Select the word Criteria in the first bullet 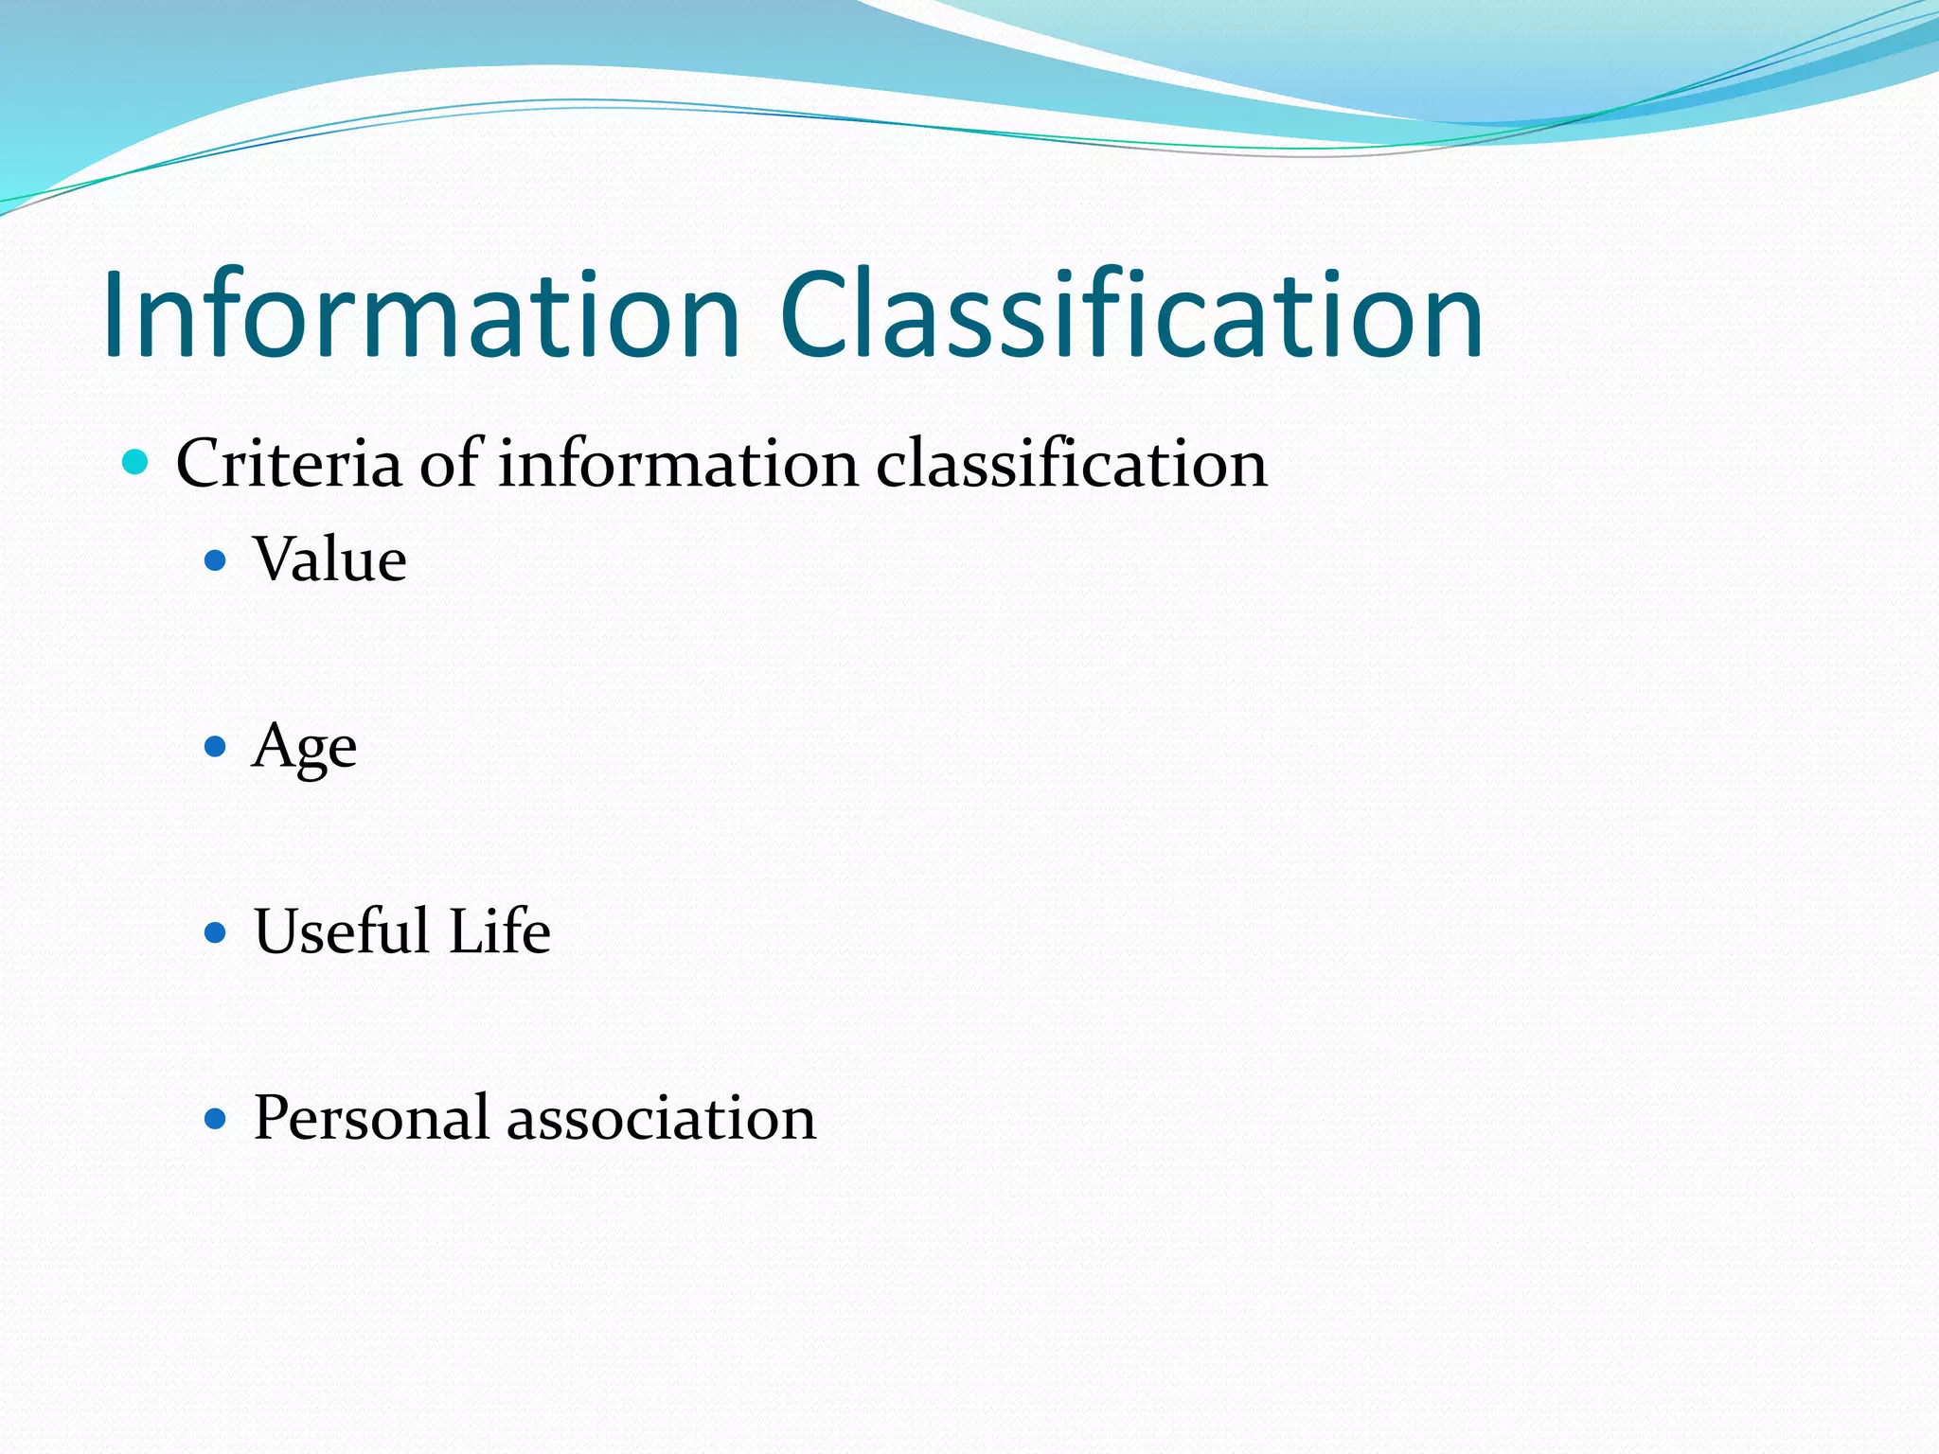(289, 464)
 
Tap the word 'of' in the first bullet (452, 464)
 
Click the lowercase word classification (1071, 464)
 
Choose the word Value (329, 559)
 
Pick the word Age (304, 748)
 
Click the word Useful (342, 931)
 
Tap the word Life (499, 931)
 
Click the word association (661, 1118)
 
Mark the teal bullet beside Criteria (136, 463)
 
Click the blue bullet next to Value (216, 561)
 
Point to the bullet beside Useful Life (216, 933)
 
